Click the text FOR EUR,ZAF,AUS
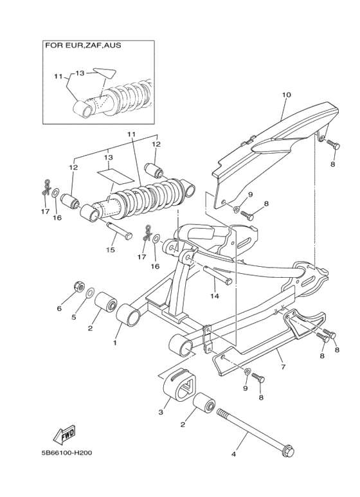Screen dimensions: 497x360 [x=83, y=46]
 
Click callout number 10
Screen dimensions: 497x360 [x=286, y=95]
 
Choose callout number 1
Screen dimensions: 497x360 [x=115, y=343]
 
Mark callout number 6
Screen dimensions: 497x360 [x=59, y=309]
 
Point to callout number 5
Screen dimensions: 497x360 [x=75, y=316]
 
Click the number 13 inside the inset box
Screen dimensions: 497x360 [x=80, y=73]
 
